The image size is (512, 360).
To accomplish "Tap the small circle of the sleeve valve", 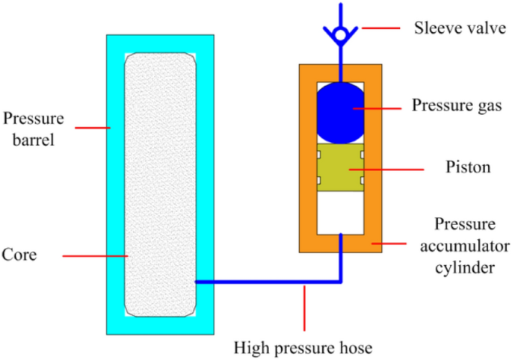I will pyautogui.click(x=341, y=33).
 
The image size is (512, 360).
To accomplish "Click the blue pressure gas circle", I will pyautogui.click(x=341, y=112).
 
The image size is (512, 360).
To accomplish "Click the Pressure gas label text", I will pyautogui.click(x=456, y=105).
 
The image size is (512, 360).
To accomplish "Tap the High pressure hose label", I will pyautogui.click(x=303, y=347).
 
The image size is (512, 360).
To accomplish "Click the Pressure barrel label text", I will pyautogui.click(x=34, y=128).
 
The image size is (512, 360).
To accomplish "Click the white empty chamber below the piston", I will pyautogui.click(x=341, y=212).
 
